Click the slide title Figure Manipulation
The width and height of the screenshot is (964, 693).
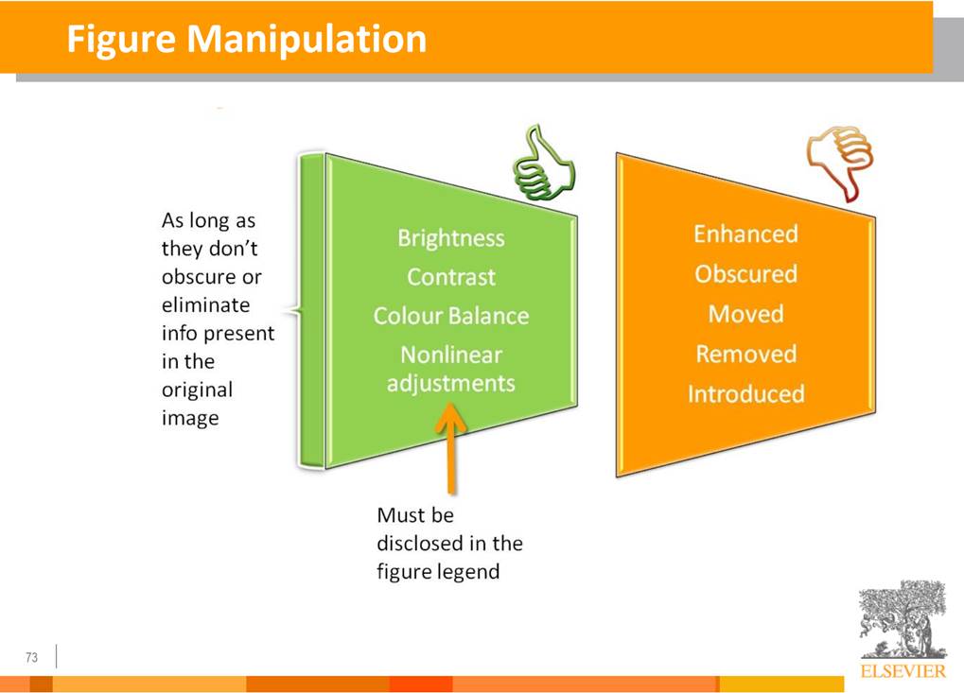[247, 40]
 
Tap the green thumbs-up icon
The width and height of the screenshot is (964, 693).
[544, 163]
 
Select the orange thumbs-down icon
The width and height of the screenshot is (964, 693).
[840, 164]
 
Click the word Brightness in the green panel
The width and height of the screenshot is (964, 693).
[450, 237]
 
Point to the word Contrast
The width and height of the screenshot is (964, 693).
[450, 277]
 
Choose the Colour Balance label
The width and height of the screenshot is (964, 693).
[450, 316]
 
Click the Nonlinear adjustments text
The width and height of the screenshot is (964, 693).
[450, 369]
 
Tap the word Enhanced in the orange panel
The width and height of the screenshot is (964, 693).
[745, 234]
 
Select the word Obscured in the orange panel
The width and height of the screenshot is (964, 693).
[745, 274]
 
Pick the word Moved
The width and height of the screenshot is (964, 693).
[745, 314]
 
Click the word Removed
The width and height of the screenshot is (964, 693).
[745, 354]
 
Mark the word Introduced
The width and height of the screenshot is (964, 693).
[745, 394]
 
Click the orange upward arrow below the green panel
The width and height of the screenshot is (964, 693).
[451, 448]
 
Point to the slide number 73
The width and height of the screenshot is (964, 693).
[31, 657]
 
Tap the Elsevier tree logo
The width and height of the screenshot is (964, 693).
[903, 619]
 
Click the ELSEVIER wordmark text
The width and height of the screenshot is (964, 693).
[903, 671]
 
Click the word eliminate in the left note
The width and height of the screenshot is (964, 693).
[206, 304]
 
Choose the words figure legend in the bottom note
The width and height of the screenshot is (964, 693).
[438, 572]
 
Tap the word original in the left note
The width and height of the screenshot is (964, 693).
[198, 390]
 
